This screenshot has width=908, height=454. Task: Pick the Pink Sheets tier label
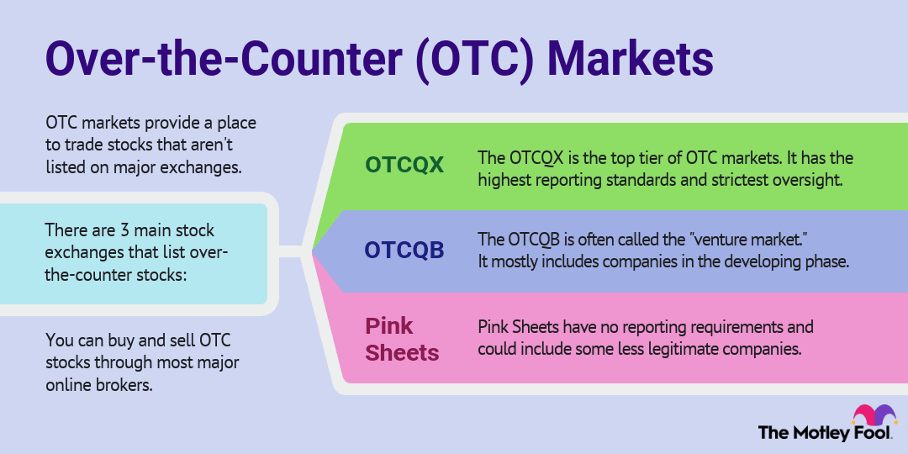coord(402,338)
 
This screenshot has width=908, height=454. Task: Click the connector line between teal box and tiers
coord(290,251)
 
